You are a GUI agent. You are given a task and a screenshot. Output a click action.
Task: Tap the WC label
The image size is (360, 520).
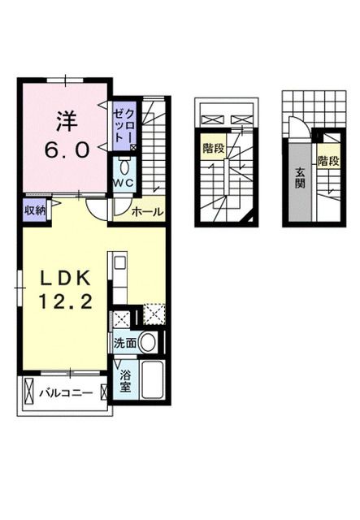123,184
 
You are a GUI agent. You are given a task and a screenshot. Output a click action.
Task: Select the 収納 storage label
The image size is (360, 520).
34,210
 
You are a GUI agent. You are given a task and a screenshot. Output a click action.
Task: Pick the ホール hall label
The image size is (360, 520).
147,211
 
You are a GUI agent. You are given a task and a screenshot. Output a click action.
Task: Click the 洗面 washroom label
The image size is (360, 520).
124,343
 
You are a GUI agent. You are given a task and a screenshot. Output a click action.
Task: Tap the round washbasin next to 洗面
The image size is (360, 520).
147,342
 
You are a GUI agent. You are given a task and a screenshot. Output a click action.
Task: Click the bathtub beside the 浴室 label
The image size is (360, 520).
151,380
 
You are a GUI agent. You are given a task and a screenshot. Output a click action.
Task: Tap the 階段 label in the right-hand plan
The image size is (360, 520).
328,160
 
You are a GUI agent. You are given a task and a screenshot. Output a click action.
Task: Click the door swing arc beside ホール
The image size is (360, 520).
99,210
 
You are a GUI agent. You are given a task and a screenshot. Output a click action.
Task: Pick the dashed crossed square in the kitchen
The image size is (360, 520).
153,314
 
